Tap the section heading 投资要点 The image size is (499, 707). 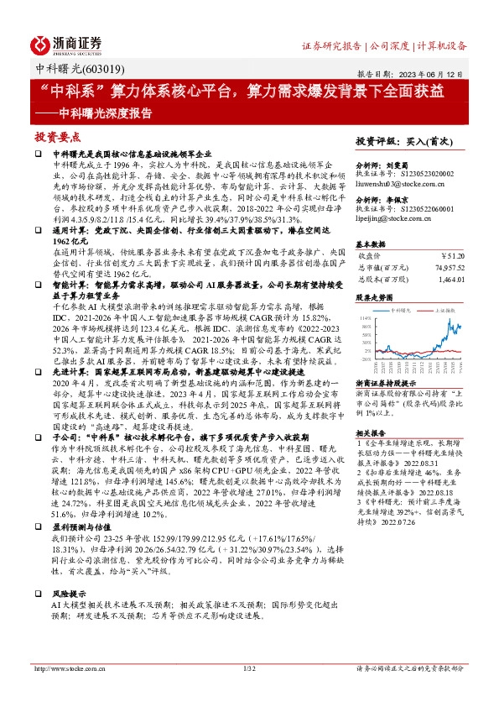tap(58, 137)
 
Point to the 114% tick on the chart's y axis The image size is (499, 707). tap(363, 318)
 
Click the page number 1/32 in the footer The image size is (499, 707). tap(247, 693)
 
